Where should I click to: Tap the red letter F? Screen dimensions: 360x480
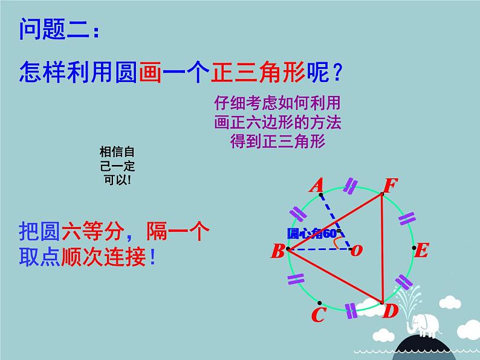click(388, 185)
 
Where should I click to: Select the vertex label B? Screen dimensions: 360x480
click(277, 251)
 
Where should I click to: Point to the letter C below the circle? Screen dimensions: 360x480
click(319, 315)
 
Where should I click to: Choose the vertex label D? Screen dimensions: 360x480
click(391, 312)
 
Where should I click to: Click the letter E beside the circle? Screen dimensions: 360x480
click(422, 249)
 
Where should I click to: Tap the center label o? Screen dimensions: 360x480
click(357, 250)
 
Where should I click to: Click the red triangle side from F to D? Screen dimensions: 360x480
click(382, 248)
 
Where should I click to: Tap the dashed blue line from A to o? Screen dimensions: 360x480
click(336, 221)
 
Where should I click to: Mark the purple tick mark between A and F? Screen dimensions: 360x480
click(349, 187)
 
